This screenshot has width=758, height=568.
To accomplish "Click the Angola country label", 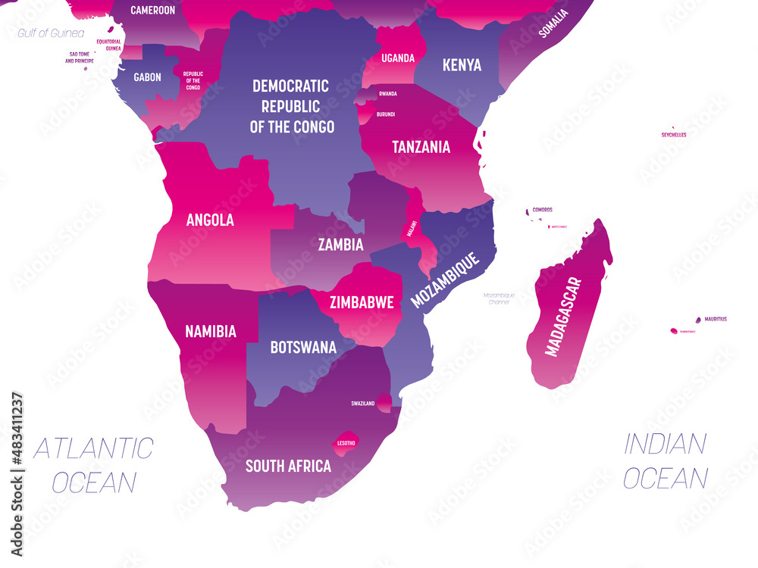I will [210, 220].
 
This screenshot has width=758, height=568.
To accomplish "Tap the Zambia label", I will [340, 245].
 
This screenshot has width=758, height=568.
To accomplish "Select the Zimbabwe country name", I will [362, 302].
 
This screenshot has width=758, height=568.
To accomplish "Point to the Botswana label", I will [303, 348].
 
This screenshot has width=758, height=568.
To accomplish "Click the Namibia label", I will [211, 331].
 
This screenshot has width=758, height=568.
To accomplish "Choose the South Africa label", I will [288, 466].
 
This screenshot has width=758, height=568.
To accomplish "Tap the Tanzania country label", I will [421, 147].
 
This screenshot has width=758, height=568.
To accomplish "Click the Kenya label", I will [462, 64].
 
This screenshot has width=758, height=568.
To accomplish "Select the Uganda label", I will [398, 58].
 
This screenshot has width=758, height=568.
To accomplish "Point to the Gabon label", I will [147, 77].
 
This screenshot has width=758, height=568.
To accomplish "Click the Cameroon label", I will [152, 11].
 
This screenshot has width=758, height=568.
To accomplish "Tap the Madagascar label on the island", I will [563, 317].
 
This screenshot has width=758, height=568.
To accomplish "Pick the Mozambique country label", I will [446, 279].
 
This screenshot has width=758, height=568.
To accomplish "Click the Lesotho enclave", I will [344, 442].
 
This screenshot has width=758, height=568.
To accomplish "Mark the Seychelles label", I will [674, 135].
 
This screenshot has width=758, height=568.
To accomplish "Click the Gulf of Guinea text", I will [51, 33].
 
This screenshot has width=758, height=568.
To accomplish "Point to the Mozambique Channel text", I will [500, 298].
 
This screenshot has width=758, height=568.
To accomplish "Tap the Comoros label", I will [542, 209].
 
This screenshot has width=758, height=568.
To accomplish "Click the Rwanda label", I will [388, 93].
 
